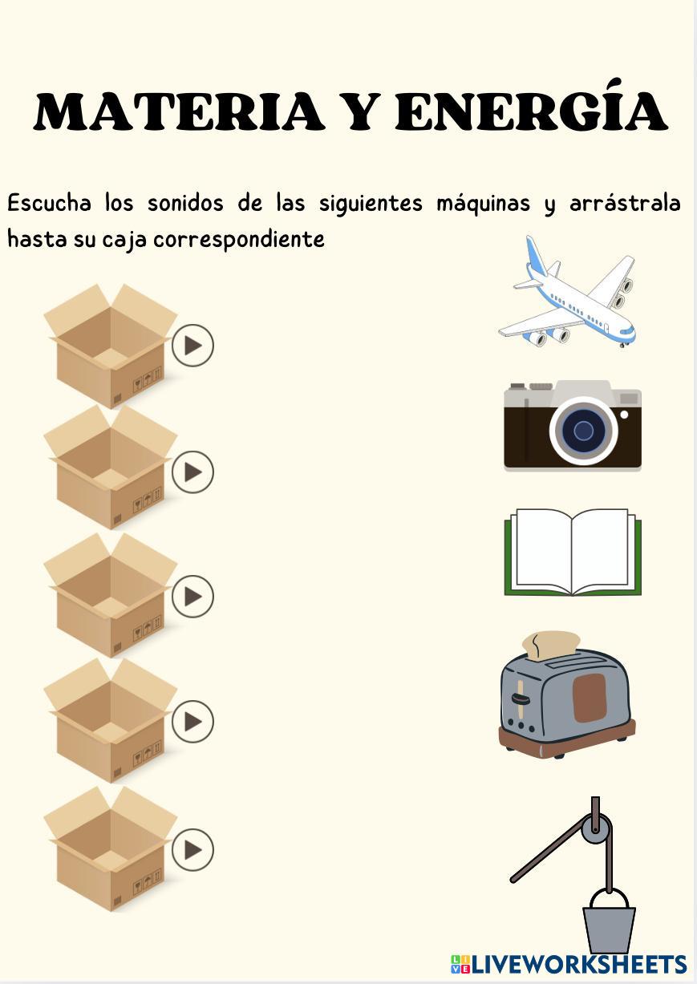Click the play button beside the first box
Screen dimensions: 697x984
pos(192,346)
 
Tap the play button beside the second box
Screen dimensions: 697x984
pos(192,472)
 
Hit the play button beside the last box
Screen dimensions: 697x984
pos(192,849)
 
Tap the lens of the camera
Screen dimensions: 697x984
pos(583,430)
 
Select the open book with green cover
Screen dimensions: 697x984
pos(573,553)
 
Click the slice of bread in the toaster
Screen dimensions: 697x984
pos(551,646)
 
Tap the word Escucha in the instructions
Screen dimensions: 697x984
pos(49,204)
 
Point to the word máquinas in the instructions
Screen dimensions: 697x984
pos(483,204)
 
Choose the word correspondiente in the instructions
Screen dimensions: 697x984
pos(239,241)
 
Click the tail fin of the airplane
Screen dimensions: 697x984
pos(537,256)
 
